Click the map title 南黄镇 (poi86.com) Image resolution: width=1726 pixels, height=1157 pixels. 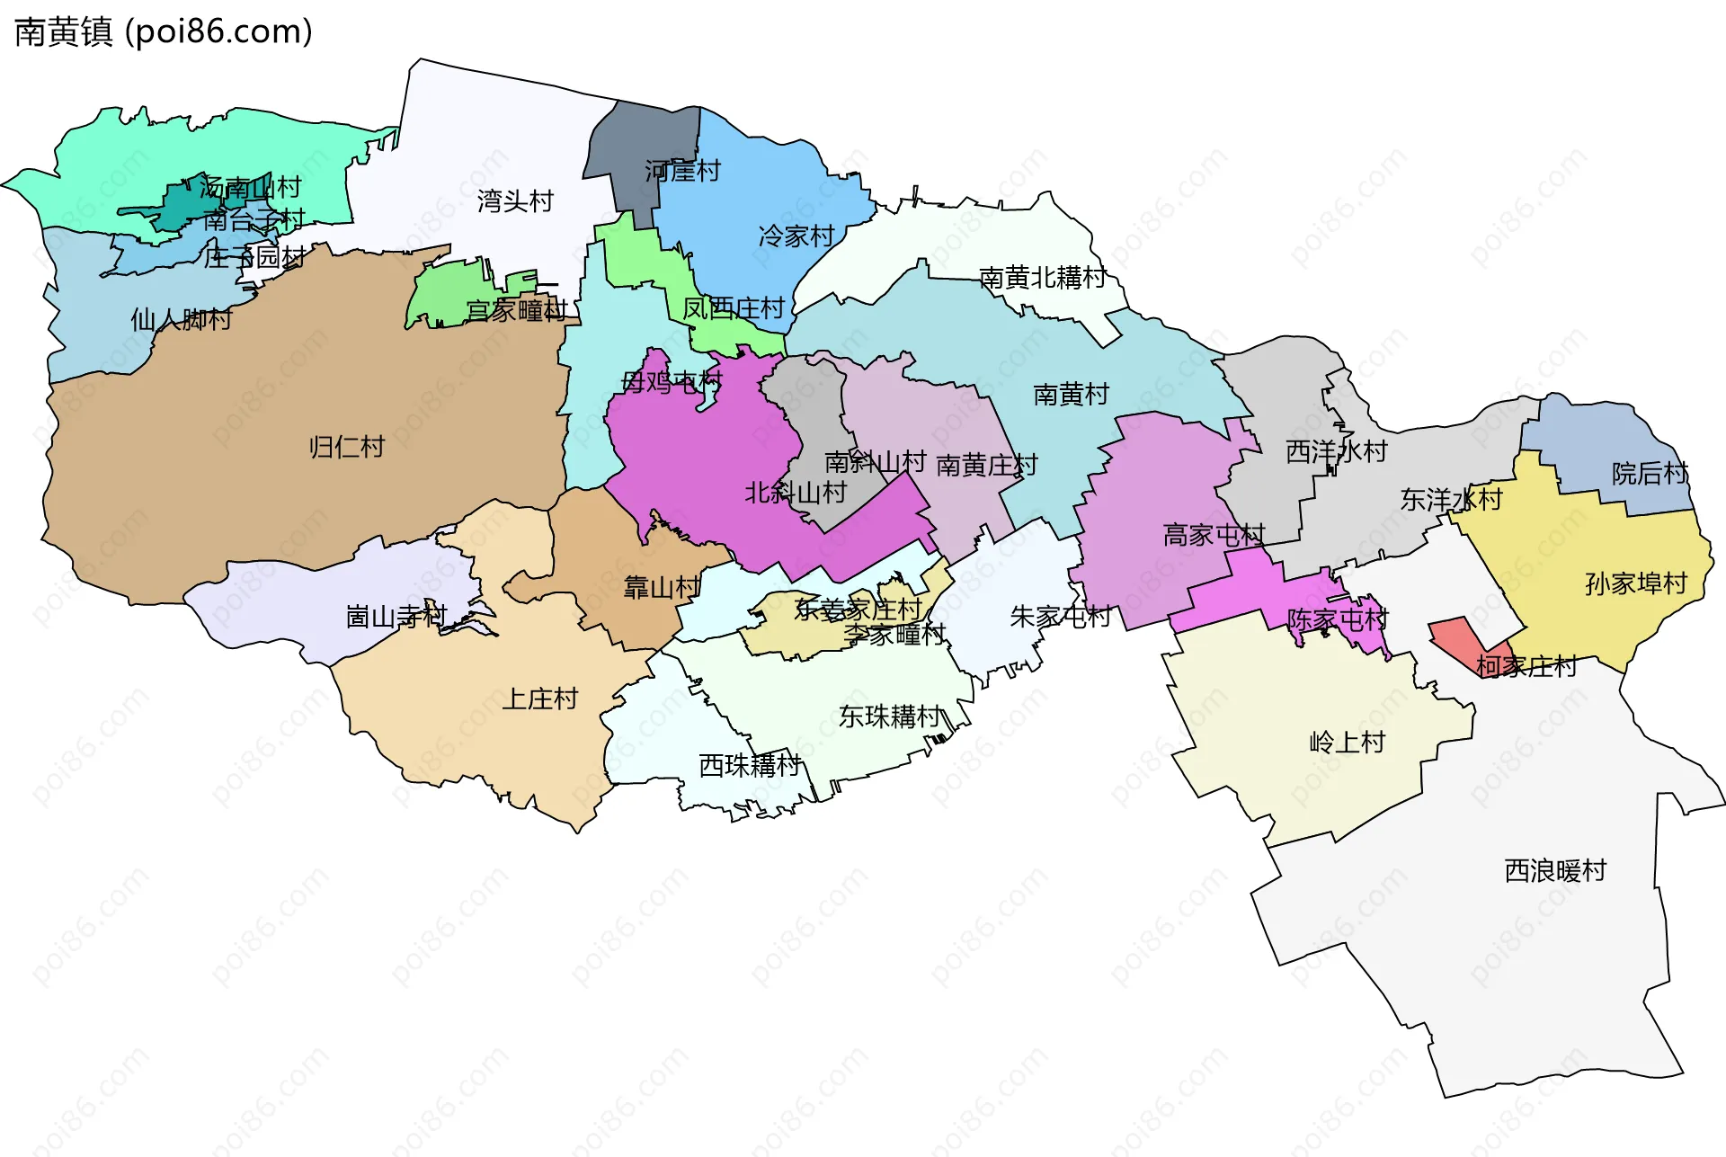pos(164,32)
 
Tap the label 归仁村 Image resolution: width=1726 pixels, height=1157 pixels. pos(347,447)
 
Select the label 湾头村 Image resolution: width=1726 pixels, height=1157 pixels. pos(515,201)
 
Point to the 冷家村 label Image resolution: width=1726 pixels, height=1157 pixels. pos(796,236)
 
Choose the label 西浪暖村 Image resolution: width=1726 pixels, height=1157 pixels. pos(1555,870)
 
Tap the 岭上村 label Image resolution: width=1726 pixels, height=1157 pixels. pos(1347,743)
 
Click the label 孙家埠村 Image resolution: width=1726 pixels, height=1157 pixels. pos(1636,583)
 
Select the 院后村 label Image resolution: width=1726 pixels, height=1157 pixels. pos(1650,473)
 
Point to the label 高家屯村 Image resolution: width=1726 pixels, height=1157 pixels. pos(1214,536)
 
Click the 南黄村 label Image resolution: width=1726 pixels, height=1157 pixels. pos(1071,395)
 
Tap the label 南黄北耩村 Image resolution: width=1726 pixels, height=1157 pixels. pos(1042,278)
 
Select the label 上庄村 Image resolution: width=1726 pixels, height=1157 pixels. pos(539,699)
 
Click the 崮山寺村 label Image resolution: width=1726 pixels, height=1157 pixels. pos(396,617)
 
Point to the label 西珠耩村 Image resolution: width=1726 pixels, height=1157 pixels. pos(750,765)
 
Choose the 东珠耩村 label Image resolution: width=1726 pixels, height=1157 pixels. pos(890,716)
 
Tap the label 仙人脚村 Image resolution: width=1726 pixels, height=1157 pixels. pos(182,319)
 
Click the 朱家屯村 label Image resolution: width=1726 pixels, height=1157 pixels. pos(1061,617)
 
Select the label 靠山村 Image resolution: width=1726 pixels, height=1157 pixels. pos(662,588)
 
